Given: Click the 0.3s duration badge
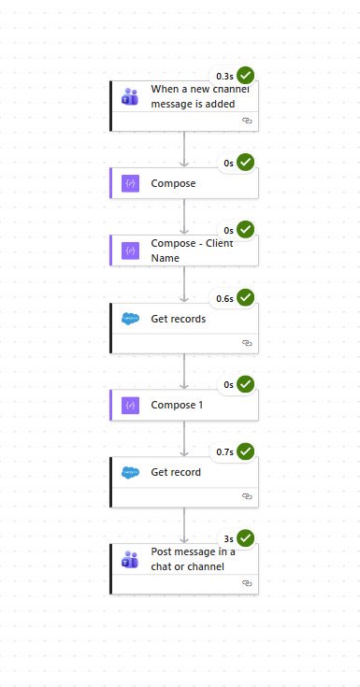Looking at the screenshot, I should pos(224,76).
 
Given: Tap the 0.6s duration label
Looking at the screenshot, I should pos(224,298).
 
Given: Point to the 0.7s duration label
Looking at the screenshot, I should pos(224,451).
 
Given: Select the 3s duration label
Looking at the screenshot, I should pos(228,538).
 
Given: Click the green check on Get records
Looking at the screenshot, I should pos(246,298).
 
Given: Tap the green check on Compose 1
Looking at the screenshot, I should pos(246,384).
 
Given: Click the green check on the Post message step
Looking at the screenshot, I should pos(246,538).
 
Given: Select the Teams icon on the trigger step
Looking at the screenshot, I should pos(130,96).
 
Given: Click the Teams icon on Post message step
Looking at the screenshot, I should pos(130,559).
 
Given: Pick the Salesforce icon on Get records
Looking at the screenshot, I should pos(130,319).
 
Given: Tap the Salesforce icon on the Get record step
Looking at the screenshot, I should pos(130,472).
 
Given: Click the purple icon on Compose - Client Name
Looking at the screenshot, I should pos(130,250).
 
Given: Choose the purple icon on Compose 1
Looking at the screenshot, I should pos(130,405).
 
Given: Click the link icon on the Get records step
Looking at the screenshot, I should pos(247,343).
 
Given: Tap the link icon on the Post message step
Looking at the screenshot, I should pos(247,583).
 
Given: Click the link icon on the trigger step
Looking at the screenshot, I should pos(247,121).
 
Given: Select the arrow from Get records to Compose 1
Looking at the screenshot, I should pos(184,371).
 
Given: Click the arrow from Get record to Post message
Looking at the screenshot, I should pos(184,525).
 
